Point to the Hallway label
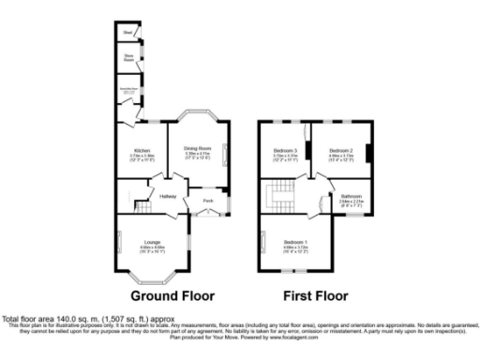pos(168,196)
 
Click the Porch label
pos(207,201)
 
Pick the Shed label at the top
pos(127,34)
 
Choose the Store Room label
pos(128,56)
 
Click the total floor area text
pos(67,319)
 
